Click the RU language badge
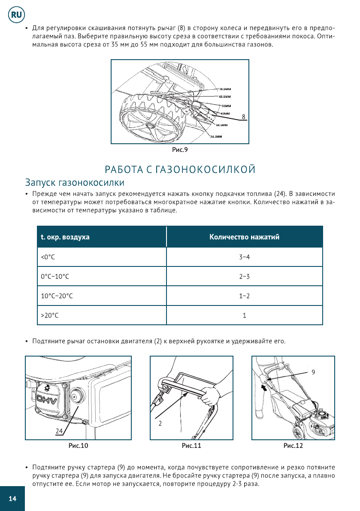click(16, 15)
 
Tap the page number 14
click(12, 498)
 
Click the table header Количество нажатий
click(244, 237)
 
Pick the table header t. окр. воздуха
click(65, 237)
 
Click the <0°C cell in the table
click(48, 257)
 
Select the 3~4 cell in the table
click(244, 257)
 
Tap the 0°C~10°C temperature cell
click(55, 277)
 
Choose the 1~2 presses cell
click(244, 296)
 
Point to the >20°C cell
click(49, 315)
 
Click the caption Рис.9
click(180, 150)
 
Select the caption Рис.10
click(79, 446)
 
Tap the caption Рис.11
click(191, 446)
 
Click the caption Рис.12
click(293, 446)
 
